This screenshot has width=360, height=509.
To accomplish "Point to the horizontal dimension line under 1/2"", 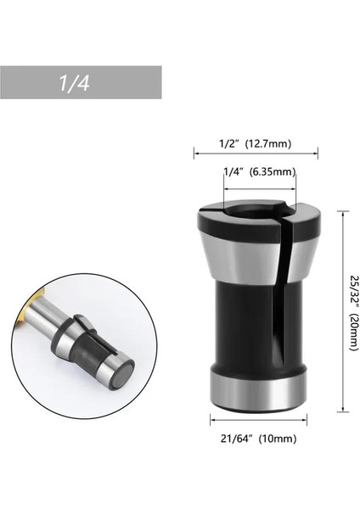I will tap(258, 154).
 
